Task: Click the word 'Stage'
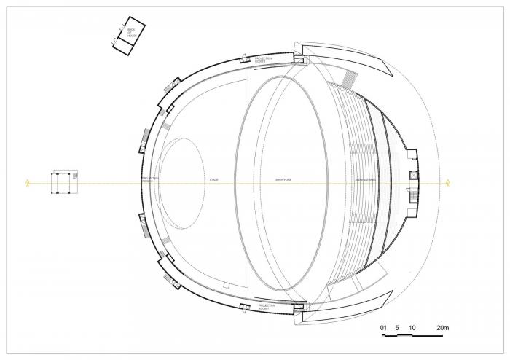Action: (213, 179)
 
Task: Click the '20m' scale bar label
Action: (442, 329)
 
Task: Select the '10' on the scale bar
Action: (412, 329)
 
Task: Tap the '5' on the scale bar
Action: (397, 329)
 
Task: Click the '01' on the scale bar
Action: (383, 329)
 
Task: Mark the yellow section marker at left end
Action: (28, 182)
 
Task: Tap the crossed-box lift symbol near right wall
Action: (413, 175)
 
